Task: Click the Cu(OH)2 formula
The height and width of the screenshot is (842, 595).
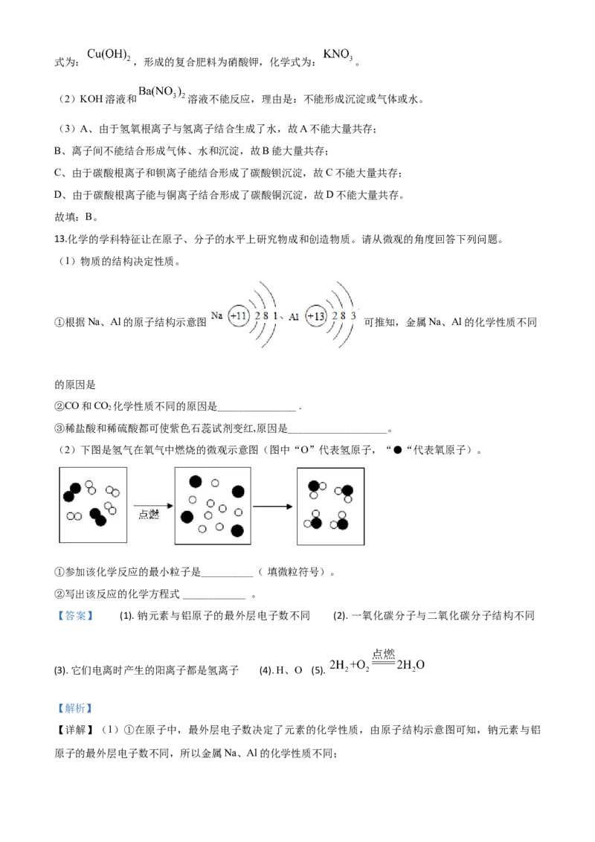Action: tap(109, 55)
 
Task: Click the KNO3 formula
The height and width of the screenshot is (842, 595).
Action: tap(338, 55)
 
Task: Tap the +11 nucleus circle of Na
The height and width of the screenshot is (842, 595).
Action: tap(239, 316)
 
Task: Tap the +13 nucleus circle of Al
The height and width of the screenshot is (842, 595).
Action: tap(316, 316)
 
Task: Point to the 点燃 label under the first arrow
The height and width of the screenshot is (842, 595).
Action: tap(149, 515)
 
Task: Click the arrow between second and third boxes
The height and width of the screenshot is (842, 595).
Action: tap(273, 507)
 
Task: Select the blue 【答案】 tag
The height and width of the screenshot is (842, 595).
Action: tap(76, 616)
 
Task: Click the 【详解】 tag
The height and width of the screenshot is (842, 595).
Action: tap(75, 730)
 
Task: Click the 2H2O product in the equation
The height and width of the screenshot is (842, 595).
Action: tap(411, 665)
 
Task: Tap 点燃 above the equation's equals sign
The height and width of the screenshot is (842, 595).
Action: tap(384, 654)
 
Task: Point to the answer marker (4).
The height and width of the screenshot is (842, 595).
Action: tap(266, 670)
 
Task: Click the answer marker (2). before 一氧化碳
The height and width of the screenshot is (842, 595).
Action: tap(341, 616)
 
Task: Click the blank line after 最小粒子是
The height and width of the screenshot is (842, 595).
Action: tap(227, 576)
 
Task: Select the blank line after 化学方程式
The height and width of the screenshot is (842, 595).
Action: tap(213, 597)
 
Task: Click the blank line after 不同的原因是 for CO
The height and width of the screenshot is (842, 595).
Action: tap(257, 411)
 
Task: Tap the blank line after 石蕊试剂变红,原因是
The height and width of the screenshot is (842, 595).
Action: tap(338, 431)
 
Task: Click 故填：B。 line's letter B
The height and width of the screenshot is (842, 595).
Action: tap(89, 217)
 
